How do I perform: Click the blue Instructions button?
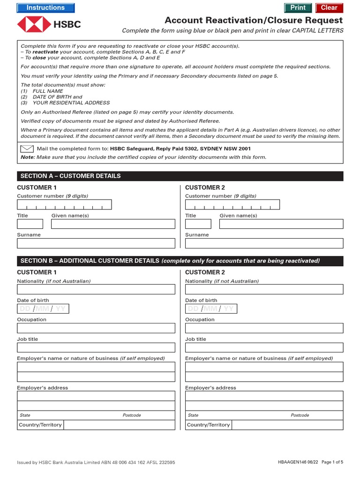[x=45, y=7]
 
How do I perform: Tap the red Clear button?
[x=329, y=7]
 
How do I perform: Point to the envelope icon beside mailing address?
[x=27, y=149]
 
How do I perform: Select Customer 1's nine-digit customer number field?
[x=64, y=205]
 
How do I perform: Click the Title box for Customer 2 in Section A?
[x=198, y=224]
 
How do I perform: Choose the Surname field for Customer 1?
[x=96, y=243]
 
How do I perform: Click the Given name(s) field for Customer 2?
[x=281, y=224]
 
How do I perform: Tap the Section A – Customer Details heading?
[x=70, y=176]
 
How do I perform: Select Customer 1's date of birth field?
[x=43, y=308]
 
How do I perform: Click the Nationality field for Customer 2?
[x=264, y=289]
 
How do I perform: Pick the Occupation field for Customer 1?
[x=96, y=328]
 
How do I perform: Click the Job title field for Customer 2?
[x=264, y=347]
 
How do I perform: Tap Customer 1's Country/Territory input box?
[x=119, y=425]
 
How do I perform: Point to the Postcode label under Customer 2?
[x=300, y=415]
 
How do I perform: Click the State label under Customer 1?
[x=25, y=415]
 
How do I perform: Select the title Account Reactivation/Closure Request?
[x=254, y=21]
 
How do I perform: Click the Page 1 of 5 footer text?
[x=332, y=462]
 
